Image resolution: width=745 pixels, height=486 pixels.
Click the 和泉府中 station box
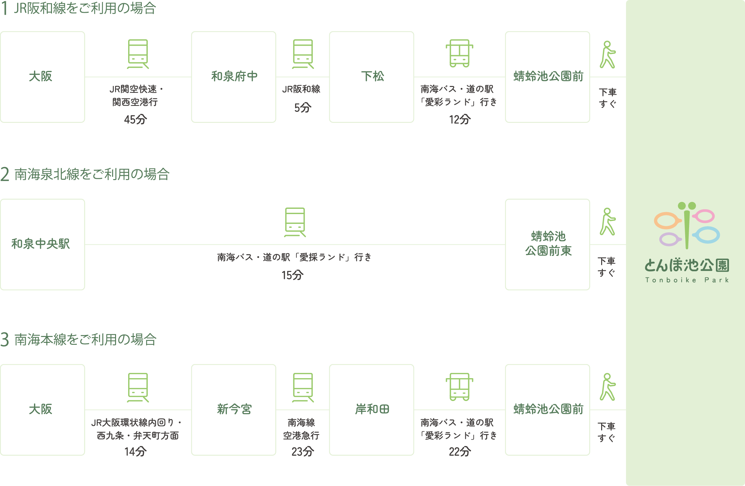[233, 77]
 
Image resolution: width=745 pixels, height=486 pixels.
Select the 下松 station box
[371, 77]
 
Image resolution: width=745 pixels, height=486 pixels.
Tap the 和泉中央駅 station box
[42, 244]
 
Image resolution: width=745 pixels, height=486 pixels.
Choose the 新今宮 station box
[233, 410]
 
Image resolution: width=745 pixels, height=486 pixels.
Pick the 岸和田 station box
[371, 410]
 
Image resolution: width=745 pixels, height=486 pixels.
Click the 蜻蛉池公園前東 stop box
[548, 244]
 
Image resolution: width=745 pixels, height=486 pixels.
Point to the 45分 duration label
[135, 119]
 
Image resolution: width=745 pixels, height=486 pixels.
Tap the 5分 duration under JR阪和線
[302, 108]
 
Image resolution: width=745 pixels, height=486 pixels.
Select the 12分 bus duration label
[460, 119]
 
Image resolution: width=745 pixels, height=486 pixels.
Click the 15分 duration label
[293, 275]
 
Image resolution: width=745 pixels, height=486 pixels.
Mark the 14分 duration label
[135, 452]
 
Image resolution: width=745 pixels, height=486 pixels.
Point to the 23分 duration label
[302, 452]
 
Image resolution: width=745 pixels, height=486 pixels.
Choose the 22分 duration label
[460, 452]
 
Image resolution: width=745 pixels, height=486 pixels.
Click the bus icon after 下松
[459, 53]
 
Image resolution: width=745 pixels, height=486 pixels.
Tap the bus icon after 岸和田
[459, 387]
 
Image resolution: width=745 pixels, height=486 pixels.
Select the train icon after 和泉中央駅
[295, 222]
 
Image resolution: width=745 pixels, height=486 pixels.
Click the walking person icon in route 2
[607, 222]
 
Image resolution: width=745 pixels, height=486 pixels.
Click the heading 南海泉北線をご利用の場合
[92, 174]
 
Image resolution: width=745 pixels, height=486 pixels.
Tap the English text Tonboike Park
[687, 280]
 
